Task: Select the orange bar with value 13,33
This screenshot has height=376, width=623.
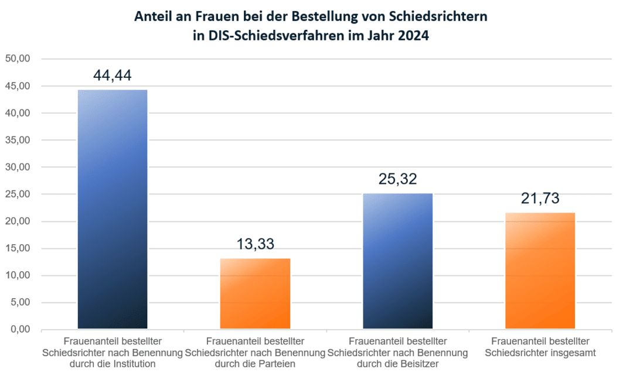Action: click(x=255, y=293)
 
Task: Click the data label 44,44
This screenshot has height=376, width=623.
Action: click(x=113, y=76)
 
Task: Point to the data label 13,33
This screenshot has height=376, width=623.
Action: click(x=255, y=244)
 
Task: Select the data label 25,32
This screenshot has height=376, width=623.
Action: click(x=397, y=179)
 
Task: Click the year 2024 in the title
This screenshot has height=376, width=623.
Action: click(x=412, y=36)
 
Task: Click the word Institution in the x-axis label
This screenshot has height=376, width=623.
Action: click(x=134, y=363)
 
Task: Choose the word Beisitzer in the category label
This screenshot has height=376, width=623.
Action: click(x=418, y=363)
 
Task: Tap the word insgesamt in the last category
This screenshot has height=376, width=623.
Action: click(x=570, y=352)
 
